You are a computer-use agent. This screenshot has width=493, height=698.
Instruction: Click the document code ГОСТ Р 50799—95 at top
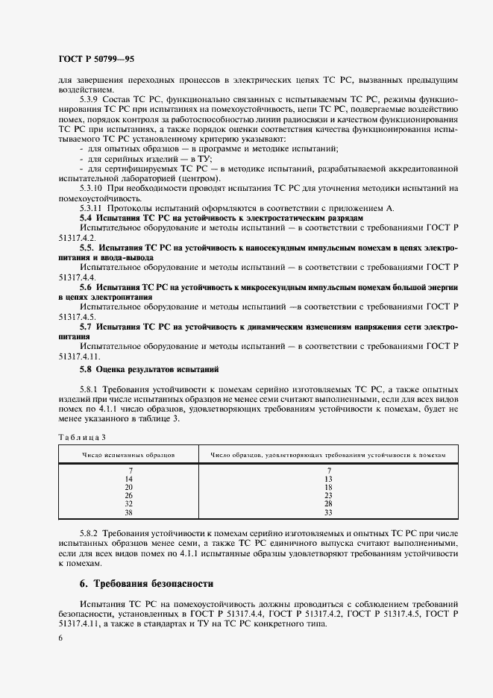95,58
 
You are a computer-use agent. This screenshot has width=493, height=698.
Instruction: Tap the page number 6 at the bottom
60,638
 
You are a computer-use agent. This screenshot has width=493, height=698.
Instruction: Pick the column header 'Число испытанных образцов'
129,453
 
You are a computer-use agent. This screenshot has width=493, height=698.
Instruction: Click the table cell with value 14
129,478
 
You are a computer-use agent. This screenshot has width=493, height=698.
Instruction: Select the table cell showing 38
129,512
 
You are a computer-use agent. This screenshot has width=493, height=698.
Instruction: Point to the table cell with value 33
328,512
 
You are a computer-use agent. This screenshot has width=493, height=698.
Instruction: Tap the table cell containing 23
328,495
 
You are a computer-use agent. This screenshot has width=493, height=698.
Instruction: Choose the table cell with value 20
129,486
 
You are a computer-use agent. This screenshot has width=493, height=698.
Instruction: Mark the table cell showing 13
328,478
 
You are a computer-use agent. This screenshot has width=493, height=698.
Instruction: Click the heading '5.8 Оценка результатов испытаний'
149,369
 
